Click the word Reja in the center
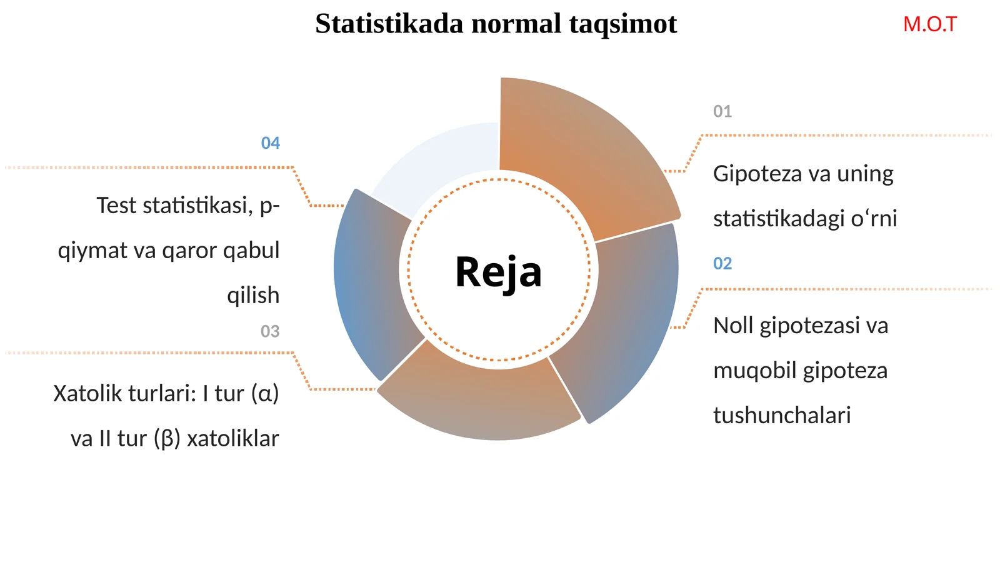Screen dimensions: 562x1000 click(498, 273)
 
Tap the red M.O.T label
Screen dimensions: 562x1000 click(929, 24)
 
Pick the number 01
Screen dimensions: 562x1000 click(722, 111)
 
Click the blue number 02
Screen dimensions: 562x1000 click(722, 263)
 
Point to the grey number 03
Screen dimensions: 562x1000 click(270, 331)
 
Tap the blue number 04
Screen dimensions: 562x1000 click(270, 143)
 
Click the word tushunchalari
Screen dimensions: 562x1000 click(781, 416)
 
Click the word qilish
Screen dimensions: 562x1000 click(252, 295)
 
